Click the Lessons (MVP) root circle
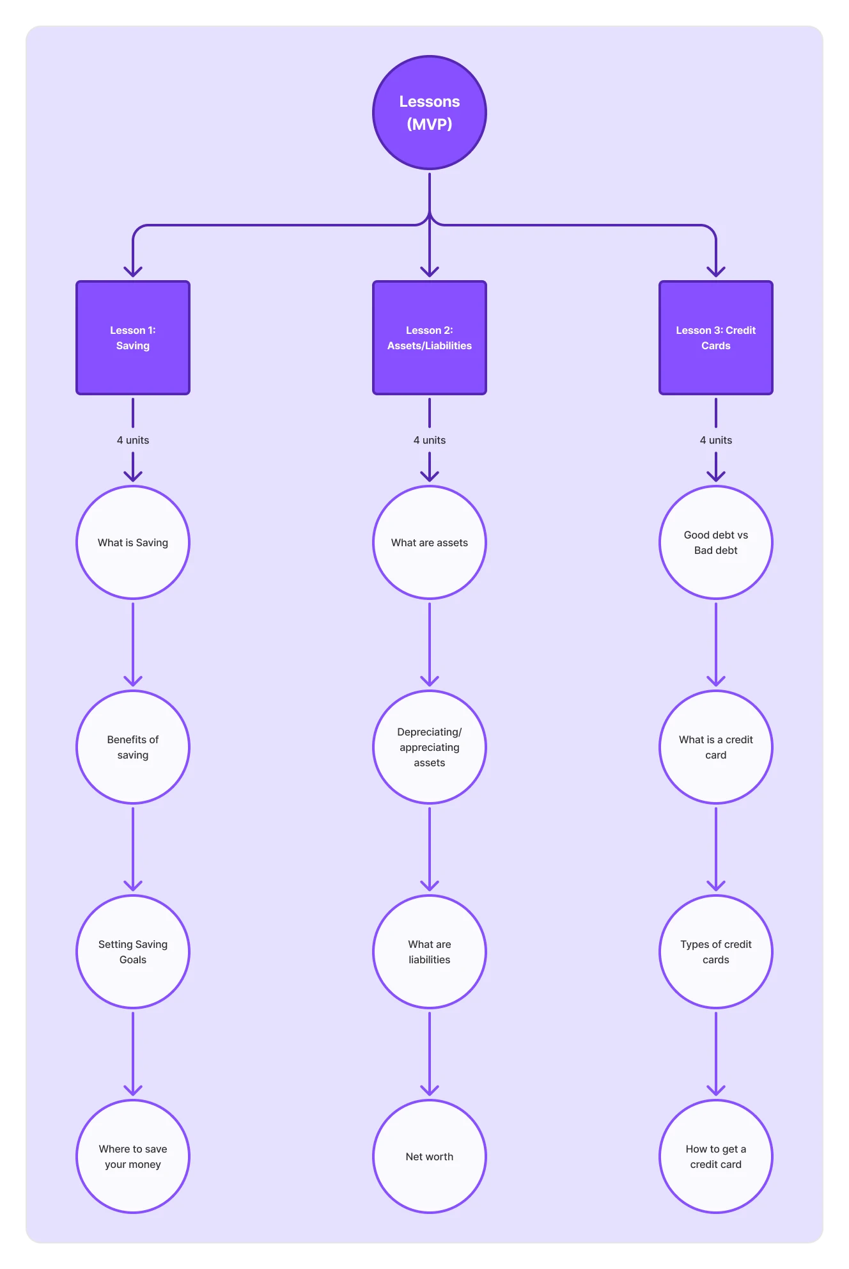click(x=430, y=113)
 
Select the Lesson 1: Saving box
click(x=133, y=338)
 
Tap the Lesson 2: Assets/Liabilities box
click(x=430, y=338)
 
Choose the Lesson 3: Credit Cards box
click(x=716, y=338)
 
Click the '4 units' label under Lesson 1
click(x=133, y=440)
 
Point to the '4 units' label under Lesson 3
click(x=716, y=440)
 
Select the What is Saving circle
click(x=133, y=542)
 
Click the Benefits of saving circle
click(x=133, y=747)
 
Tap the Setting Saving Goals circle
click(x=133, y=952)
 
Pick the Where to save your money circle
click(x=133, y=1156)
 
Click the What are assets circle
click(x=430, y=542)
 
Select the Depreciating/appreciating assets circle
click(x=430, y=747)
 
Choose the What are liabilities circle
click(x=430, y=952)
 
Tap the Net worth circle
click(x=430, y=1156)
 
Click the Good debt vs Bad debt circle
click(x=716, y=542)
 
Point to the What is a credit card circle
click(x=716, y=747)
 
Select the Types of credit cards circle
click(x=716, y=952)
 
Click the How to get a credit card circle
click(x=716, y=1156)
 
